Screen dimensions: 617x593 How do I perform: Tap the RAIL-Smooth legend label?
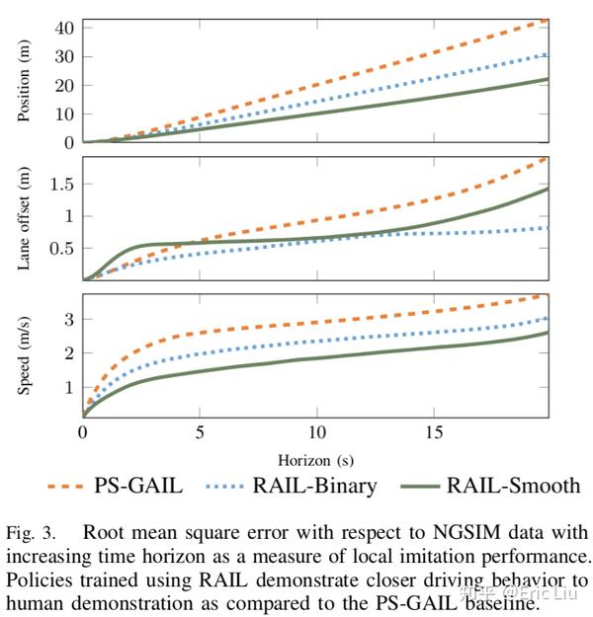click(513, 486)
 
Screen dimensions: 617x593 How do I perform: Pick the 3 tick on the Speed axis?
click(69, 319)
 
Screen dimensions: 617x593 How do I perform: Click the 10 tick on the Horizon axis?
click(316, 433)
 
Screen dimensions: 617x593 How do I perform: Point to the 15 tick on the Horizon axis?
click(433, 433)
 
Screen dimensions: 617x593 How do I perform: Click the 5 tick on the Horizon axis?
click(200, 433)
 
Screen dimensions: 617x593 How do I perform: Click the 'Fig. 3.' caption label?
click(27, 534)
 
